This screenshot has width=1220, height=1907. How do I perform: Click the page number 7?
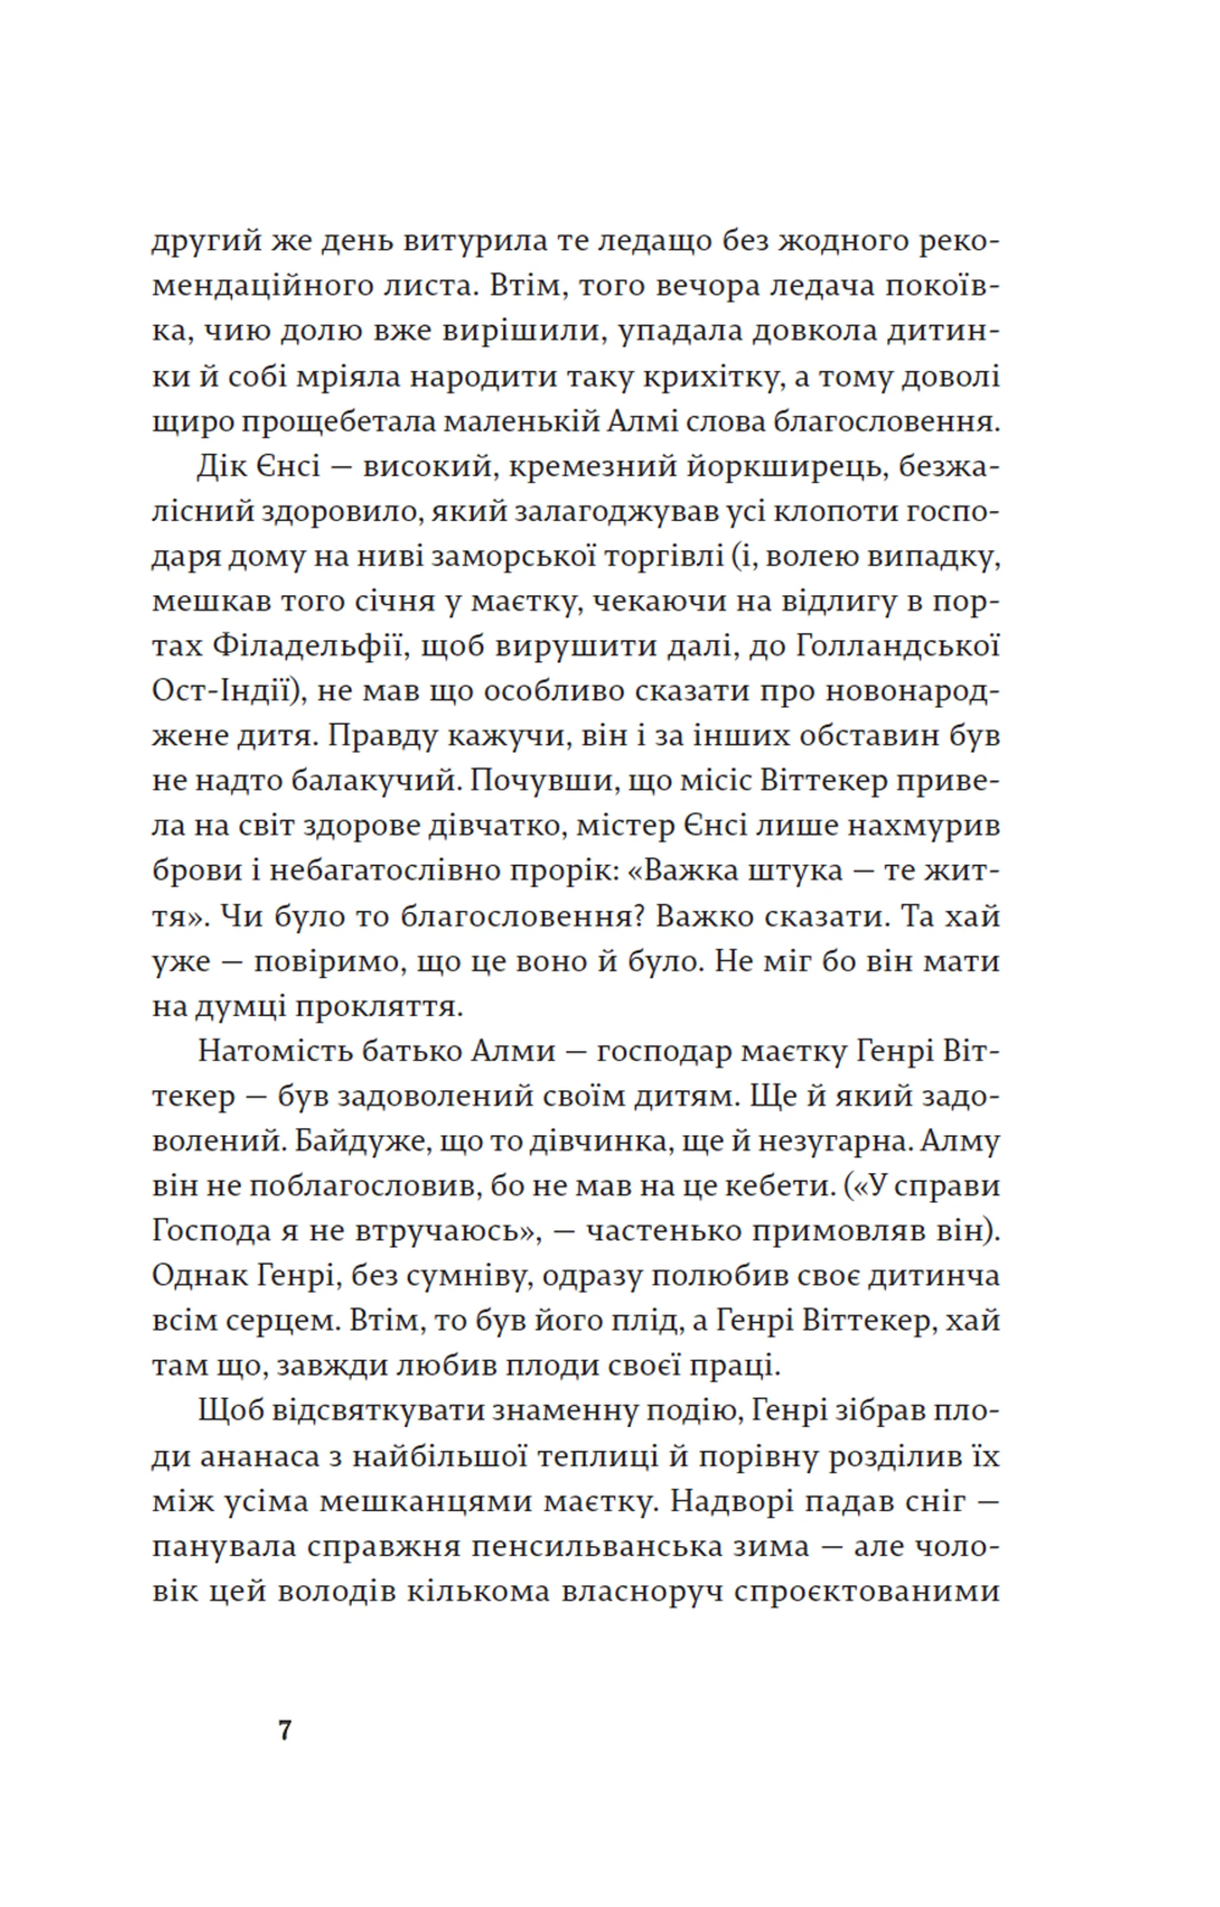pos(285,1730)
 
